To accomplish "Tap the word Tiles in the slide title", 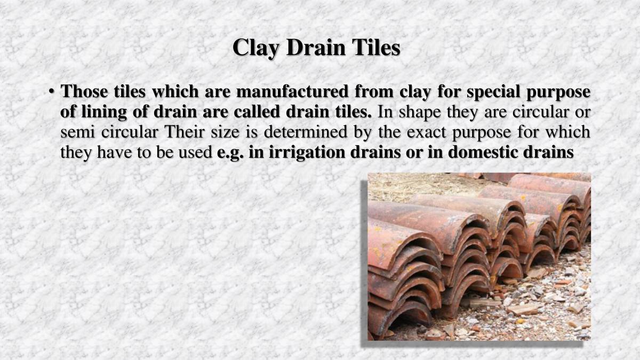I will click(375, 48).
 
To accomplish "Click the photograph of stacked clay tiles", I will click(479, 256).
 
